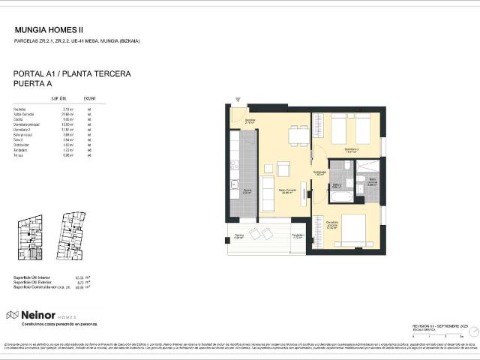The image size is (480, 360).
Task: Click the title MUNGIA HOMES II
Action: [x=49, y=30]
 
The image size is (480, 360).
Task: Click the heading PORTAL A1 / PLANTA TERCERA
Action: [x=73, y=74]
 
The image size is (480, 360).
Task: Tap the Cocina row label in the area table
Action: [x=19, y=118]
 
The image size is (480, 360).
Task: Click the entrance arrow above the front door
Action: [x=238, y=99]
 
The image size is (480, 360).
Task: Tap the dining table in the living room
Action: [x=298, y=136]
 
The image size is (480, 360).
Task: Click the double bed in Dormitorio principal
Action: [x=353, y=228]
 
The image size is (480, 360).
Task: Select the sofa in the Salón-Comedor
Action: [x=266, y=194]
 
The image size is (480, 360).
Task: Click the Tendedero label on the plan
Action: [x=298, y=235]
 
